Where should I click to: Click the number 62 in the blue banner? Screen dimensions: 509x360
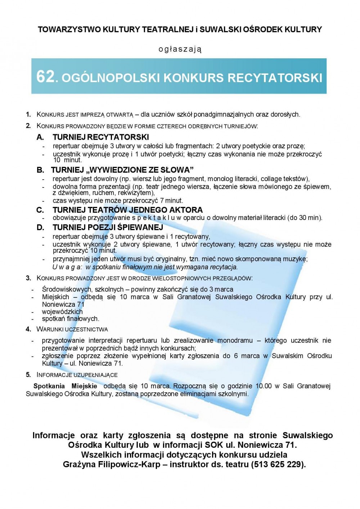pos(45,77)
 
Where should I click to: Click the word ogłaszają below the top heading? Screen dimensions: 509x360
pos(180,49)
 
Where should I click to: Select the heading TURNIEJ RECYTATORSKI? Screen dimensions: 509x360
pos(100,137)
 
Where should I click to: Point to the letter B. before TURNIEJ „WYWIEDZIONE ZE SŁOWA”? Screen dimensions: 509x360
pos(40,170)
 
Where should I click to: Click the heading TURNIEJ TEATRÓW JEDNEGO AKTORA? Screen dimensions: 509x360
pos(127,210)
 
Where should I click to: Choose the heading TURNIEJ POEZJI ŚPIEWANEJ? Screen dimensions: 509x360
pos(108,227)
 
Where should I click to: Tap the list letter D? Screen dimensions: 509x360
pos(40,228)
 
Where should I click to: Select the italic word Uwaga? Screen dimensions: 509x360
pos(67,267)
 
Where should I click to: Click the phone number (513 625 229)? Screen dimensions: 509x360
pos(278,464)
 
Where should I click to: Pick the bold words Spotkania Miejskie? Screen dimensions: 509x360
pos(65,386)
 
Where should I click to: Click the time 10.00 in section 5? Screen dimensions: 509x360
pos(264,386)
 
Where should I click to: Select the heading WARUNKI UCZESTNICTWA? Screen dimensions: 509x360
pos(72,329)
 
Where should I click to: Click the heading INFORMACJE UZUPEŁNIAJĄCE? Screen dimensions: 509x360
pos(77,375)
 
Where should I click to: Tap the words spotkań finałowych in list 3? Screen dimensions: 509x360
pos(70,319)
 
